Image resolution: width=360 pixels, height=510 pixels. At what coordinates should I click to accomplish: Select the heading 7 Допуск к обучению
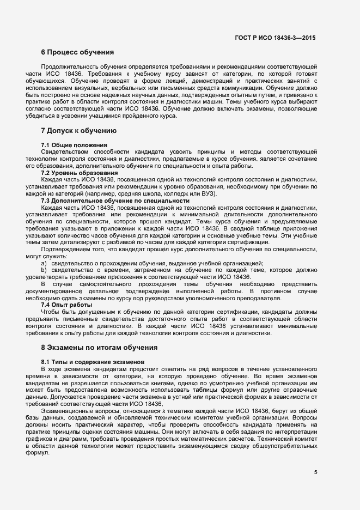pos(79,131)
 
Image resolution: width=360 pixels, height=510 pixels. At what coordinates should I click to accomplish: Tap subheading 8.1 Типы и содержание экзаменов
pos(93,362)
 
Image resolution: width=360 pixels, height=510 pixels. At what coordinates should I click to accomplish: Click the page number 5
pos(315,472)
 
